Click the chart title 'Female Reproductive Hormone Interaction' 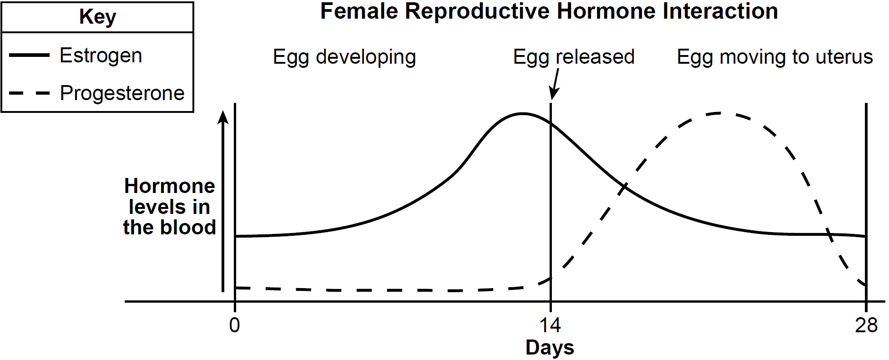(549, 11)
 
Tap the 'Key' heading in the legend (97, 17)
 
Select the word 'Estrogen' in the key (101, 56)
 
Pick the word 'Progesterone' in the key (122, 93)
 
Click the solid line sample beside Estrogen (29, 55)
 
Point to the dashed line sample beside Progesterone (29, 93)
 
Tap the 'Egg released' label (574, 57)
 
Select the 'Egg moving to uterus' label (775, 57)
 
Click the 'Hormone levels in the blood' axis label (169, 207)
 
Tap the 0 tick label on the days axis (234, 325)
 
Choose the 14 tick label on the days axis (550, 325)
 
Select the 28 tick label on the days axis (866, 325)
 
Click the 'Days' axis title (550, 348)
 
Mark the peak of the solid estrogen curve (523, 113)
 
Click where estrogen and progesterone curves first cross (624, 186)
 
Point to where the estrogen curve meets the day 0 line (235, 236)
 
